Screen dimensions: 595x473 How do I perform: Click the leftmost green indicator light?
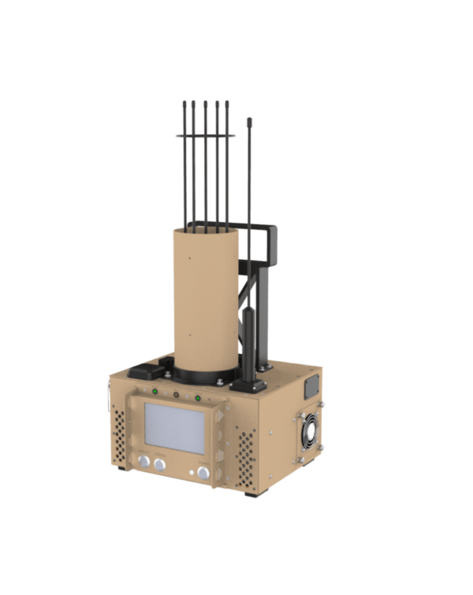coord(155,391)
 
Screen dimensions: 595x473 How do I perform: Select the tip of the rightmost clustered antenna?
coord(227,102)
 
